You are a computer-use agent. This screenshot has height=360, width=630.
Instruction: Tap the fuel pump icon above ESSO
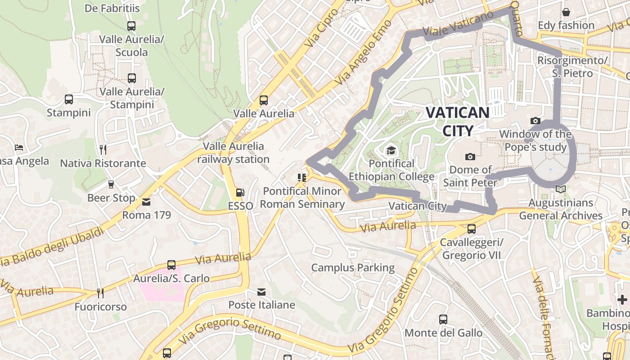click(240, 193)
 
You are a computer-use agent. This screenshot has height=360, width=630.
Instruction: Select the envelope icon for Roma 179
click(146, 202)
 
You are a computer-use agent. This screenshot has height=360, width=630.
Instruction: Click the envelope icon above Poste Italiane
click(261, 292)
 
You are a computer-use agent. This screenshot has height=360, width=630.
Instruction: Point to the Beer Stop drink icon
click(111, 184)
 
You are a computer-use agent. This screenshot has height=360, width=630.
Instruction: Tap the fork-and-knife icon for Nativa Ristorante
click(103, 149)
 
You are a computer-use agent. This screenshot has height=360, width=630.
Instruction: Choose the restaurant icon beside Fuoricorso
click(100, 293)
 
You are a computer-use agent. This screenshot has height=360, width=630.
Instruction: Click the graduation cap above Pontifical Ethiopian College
click(391, 150)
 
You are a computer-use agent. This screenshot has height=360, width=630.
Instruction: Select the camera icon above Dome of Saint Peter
click(470, 157)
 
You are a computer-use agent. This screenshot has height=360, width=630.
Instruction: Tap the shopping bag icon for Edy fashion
click(566, 12)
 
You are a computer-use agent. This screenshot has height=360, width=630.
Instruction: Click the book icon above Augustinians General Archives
click(560, 189)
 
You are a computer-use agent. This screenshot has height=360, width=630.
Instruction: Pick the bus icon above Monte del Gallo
click(443, 319)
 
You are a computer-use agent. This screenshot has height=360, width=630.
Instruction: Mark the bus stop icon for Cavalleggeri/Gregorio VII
click(471, 229)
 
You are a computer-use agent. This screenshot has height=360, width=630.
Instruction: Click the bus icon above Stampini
click(69, 99)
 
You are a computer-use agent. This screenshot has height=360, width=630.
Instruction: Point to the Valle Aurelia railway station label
click(233, 153)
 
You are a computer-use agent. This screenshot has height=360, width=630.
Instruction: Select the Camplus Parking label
click(353, 268)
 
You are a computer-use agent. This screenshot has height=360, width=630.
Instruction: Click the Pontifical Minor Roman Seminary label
click(302, 198)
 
